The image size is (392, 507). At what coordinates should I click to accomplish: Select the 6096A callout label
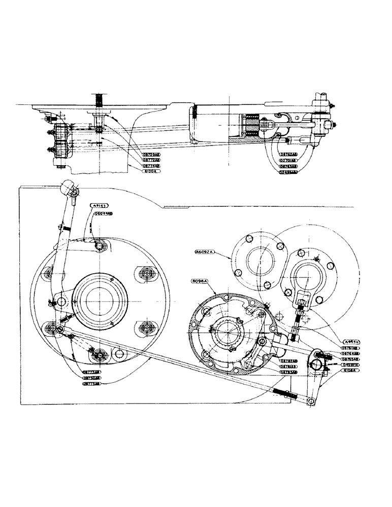pos(201,280)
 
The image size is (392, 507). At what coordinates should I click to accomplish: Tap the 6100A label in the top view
pos(150,171)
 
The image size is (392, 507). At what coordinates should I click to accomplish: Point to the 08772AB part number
pos(151,159)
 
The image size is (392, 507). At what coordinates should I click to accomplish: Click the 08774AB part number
pos(151,165)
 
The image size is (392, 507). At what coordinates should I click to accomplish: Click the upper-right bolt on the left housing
pos(146,273)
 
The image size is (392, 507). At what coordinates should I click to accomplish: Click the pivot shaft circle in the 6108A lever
pos(319,362)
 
